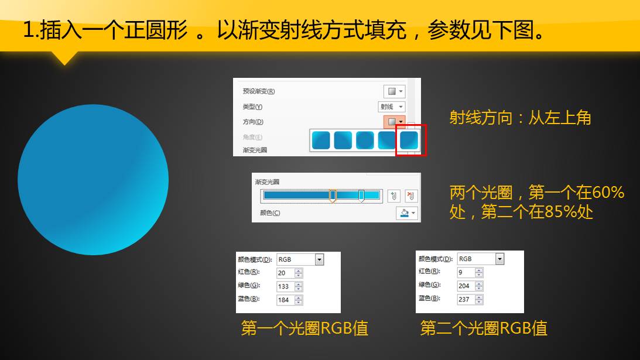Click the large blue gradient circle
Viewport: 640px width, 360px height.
93,180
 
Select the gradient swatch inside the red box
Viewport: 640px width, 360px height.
409,140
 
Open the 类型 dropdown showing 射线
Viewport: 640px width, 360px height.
391,107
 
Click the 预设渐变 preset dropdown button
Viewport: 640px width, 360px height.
394,91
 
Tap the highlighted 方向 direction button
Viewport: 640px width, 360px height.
394,122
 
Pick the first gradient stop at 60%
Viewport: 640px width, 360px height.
333,196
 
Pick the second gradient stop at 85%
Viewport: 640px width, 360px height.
362,196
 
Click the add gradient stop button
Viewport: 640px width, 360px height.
394,196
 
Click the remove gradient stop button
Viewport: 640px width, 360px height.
411,196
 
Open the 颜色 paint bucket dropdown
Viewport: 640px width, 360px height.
406,213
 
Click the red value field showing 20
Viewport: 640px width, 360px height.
285,273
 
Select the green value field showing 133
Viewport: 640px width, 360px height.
285,286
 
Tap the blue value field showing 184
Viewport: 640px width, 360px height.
285,300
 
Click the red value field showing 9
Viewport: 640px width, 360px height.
466,272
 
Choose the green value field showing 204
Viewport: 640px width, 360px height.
466,286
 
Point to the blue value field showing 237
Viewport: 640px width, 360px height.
466,299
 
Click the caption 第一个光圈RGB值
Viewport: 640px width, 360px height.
304,328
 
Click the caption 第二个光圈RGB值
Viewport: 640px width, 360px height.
484,328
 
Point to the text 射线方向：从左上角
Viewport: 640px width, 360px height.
521,118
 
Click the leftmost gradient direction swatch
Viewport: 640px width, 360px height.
321,140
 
